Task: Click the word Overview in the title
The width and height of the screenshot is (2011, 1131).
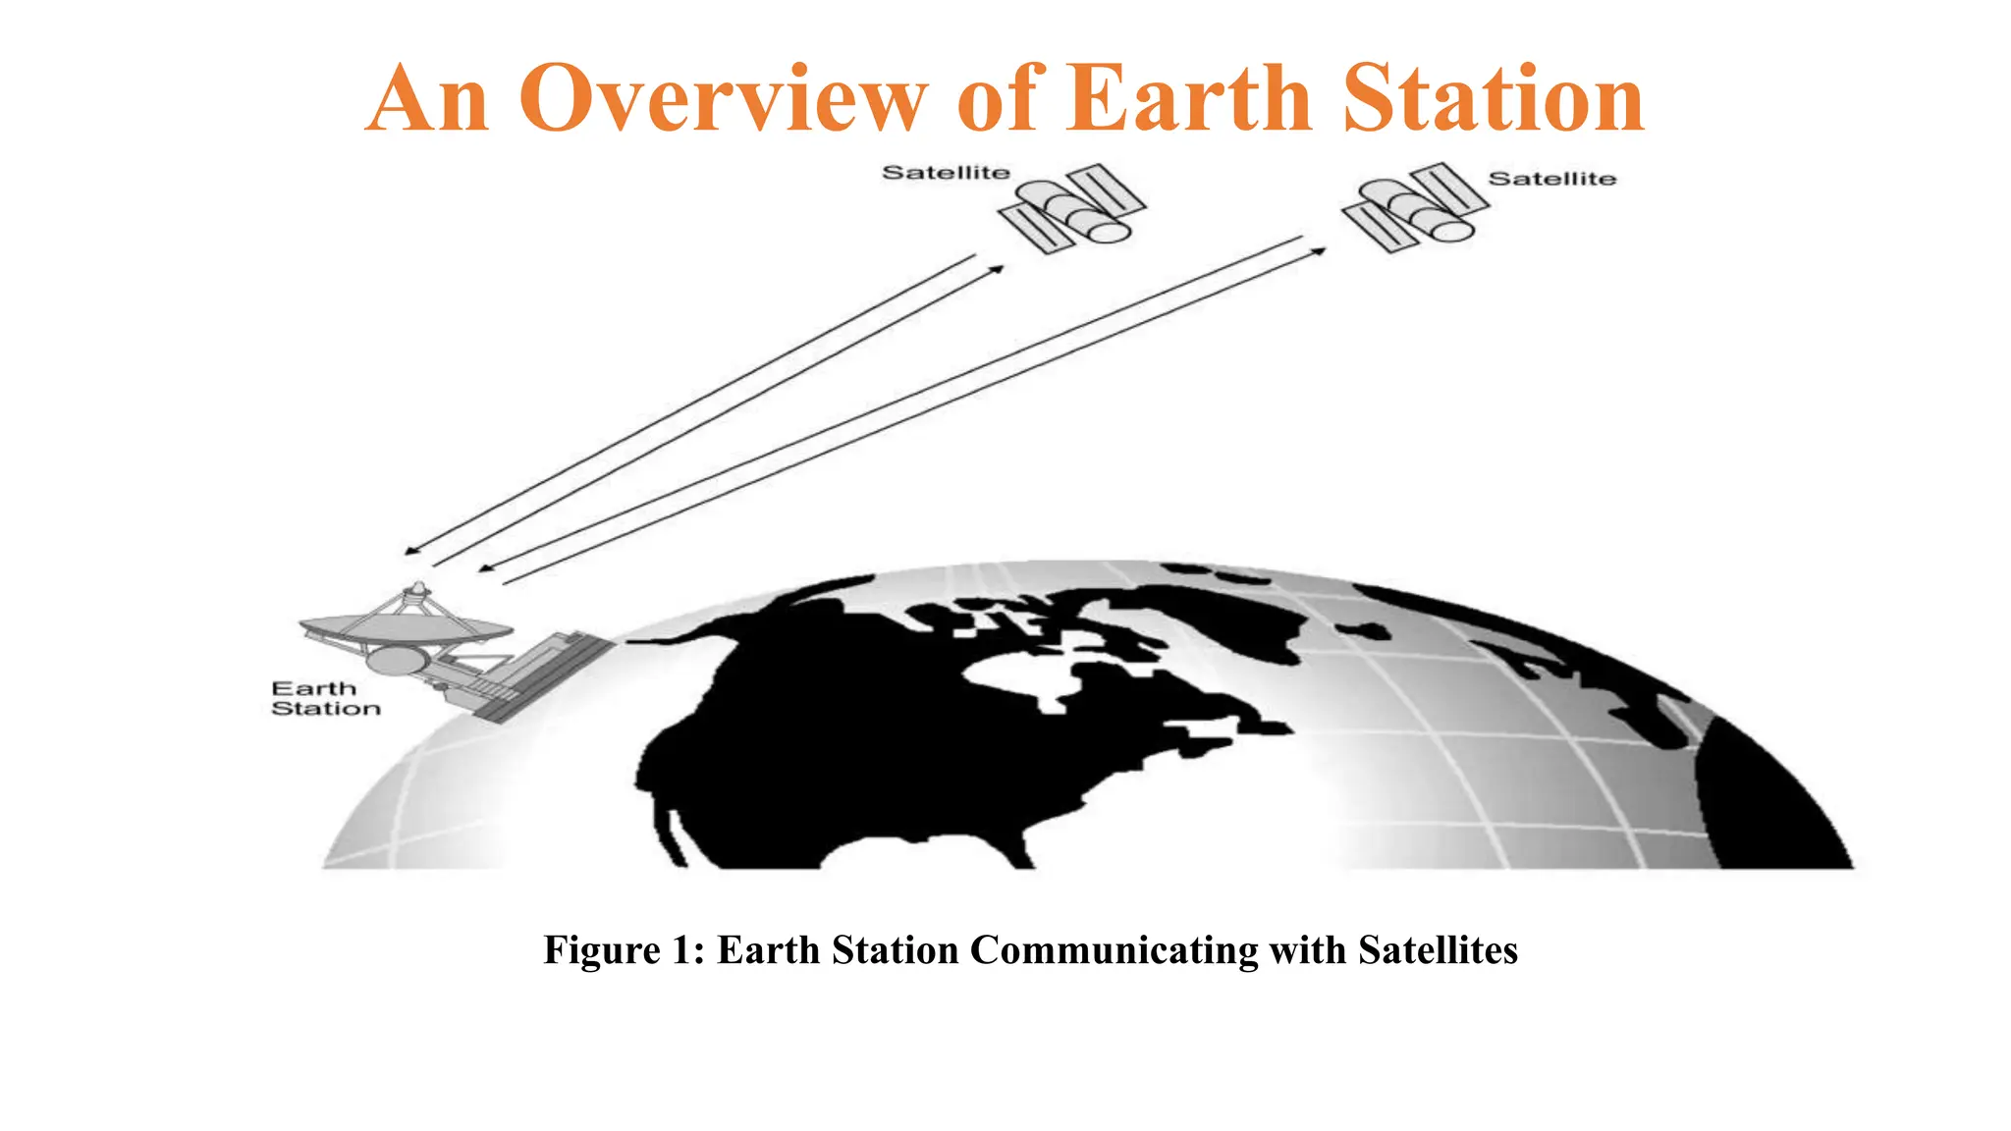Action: coord(723,99)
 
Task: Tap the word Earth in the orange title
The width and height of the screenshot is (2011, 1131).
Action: coord(1189,97)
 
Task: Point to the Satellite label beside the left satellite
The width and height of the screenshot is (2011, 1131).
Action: coord(946,173)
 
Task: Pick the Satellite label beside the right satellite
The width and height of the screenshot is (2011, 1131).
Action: coord(1551,179)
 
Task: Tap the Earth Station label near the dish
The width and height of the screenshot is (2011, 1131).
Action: coord(325,698)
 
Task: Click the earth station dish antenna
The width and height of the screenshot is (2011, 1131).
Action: coord(405,628)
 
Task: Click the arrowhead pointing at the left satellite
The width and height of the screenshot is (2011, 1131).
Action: coord(998,267)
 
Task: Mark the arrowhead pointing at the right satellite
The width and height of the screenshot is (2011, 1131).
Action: coord(1320,251)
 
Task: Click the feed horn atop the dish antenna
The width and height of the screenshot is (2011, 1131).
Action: coord(417,591)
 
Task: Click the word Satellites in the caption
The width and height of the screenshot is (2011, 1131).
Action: coord(1438,950)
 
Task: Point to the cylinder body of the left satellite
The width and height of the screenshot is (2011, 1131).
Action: coord(1085,214)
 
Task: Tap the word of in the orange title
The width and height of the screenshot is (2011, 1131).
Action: coord(996,97)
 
